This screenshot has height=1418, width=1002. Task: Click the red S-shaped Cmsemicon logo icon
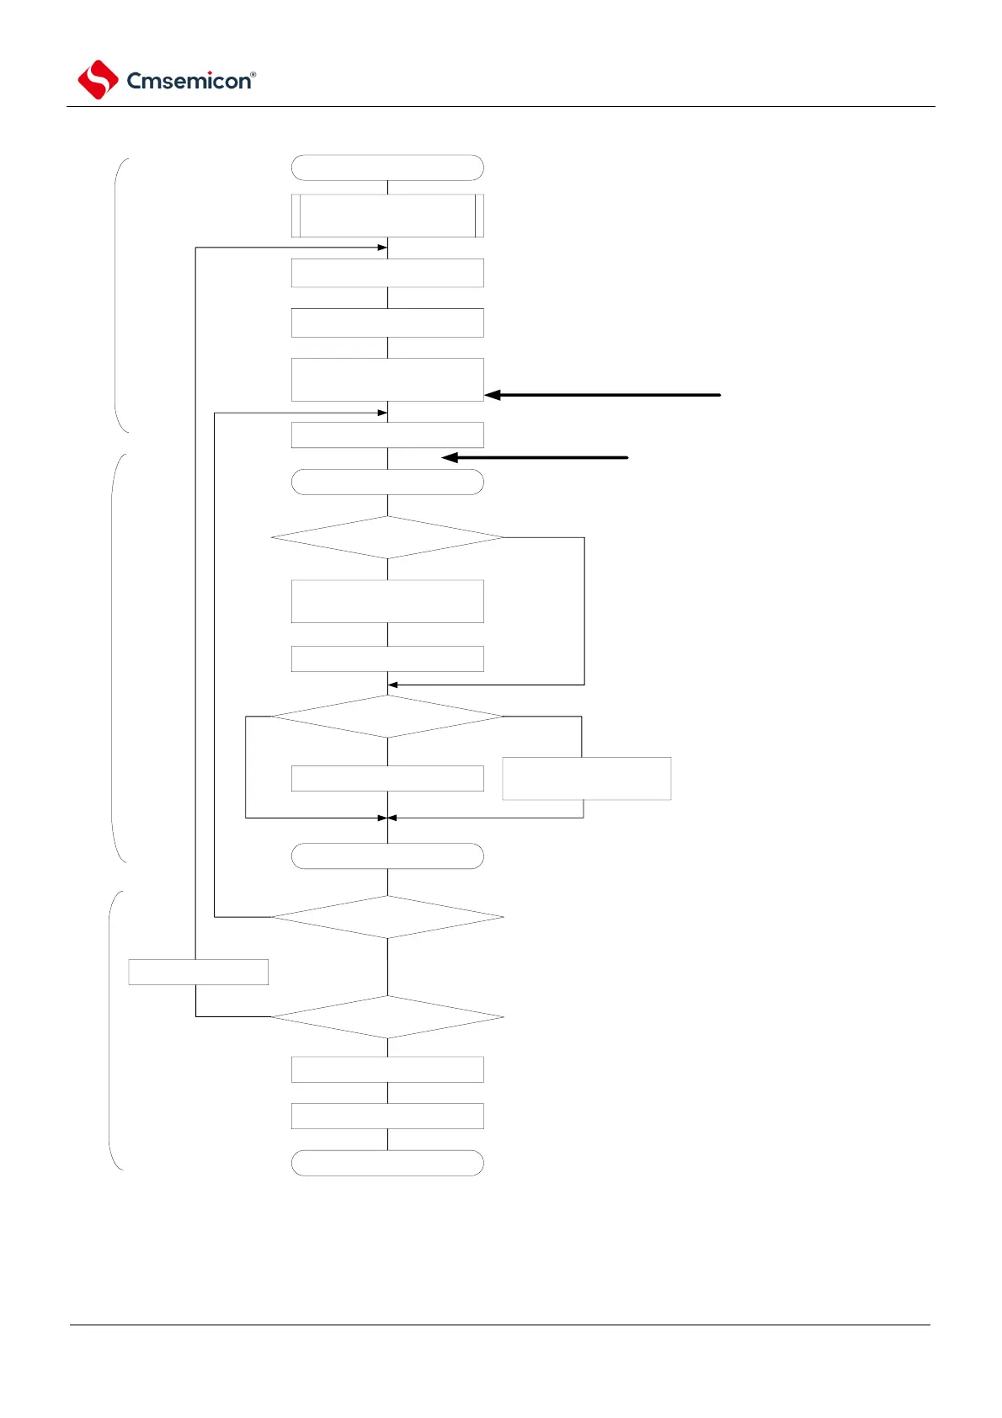coord(98,80)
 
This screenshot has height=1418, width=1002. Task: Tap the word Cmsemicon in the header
coord(188,81)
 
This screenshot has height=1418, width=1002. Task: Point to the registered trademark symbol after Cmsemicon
coord(253,74)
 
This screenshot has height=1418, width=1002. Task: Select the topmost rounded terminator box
coord(387,168)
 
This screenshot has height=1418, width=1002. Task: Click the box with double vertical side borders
coord(387,216)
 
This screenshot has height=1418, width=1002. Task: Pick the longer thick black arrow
coord(603,394)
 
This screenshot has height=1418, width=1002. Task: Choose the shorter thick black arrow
coord(536,457)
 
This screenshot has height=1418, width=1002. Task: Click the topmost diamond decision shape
coord(387,537)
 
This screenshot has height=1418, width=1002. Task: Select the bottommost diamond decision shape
coord(387,1017)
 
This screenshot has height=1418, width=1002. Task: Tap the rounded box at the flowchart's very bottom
coord(387,1163)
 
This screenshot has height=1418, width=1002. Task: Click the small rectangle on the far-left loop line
coord(199,972)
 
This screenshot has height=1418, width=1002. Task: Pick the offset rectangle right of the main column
coord(587,778)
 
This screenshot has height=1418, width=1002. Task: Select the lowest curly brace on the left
coord(116,1030)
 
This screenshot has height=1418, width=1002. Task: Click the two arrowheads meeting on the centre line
coord(387,818)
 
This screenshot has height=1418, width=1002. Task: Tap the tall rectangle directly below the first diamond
coord(387,601)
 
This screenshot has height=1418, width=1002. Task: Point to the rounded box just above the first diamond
coord(387,482)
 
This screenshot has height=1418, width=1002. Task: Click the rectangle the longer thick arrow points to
coord(387,380)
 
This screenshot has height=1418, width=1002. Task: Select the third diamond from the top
coord(387,917)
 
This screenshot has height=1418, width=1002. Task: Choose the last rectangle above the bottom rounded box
coord(387,1116)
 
